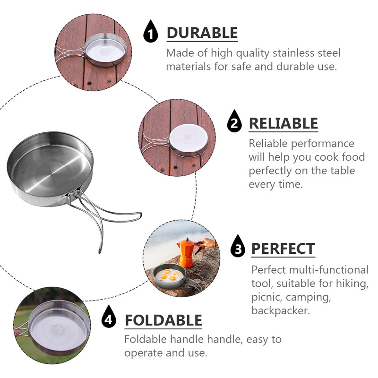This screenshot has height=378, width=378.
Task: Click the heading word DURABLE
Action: click(202, 33)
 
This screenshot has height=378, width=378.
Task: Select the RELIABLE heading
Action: click(283, 123)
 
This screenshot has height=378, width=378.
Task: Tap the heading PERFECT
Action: click(283, 249)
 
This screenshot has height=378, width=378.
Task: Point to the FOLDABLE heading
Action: click(163, 320)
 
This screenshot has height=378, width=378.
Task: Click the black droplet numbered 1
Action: click(151, 31)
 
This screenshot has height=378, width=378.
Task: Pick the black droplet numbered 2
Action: click(234, 121)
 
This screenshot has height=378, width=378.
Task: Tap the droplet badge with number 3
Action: click(238, 246)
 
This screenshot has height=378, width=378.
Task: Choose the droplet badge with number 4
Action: click(109, 316)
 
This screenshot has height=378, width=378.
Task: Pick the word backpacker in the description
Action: click(280, 310)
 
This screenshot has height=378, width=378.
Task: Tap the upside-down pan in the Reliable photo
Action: click(189, 140)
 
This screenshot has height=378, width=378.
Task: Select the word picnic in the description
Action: click(266, 297)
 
